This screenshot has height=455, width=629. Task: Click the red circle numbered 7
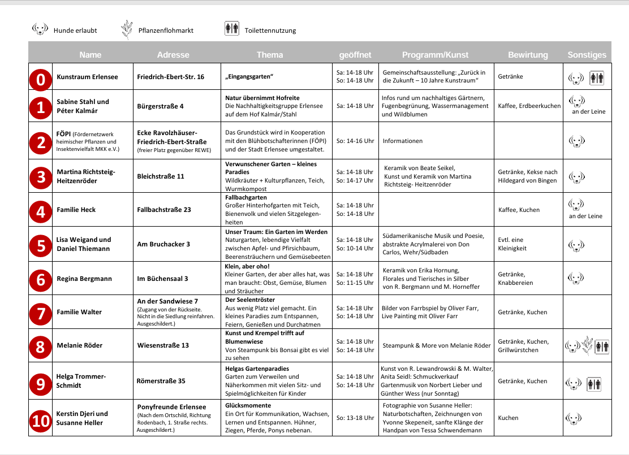pyautogui.click(x=41, y=313)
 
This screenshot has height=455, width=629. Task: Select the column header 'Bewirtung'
pyautogui.click(x=528, y=55)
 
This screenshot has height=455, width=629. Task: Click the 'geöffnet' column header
pyautogui.click(x=355, y=55)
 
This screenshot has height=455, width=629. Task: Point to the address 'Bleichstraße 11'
pyautogui.click(x=161, y=176)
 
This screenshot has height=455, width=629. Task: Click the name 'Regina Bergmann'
pyautogui.click(x=84, y=279)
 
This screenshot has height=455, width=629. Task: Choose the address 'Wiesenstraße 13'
pyautogui.click(x=163, y=345)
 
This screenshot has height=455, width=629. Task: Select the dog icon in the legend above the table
pyautogui.click(x=40, y=29)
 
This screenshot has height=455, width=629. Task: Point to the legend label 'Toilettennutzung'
pyautogui.click(x=270, y=31)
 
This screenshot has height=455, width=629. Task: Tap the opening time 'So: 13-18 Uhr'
pyautogui.click(x=355, y=418)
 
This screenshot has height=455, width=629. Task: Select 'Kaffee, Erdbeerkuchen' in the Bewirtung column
pyautogui.click(x=529, y=106)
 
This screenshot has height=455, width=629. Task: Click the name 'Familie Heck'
pyautogui.click(x=76, y=210)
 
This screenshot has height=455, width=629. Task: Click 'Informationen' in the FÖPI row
pyautogui.click(x=403, y=141)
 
